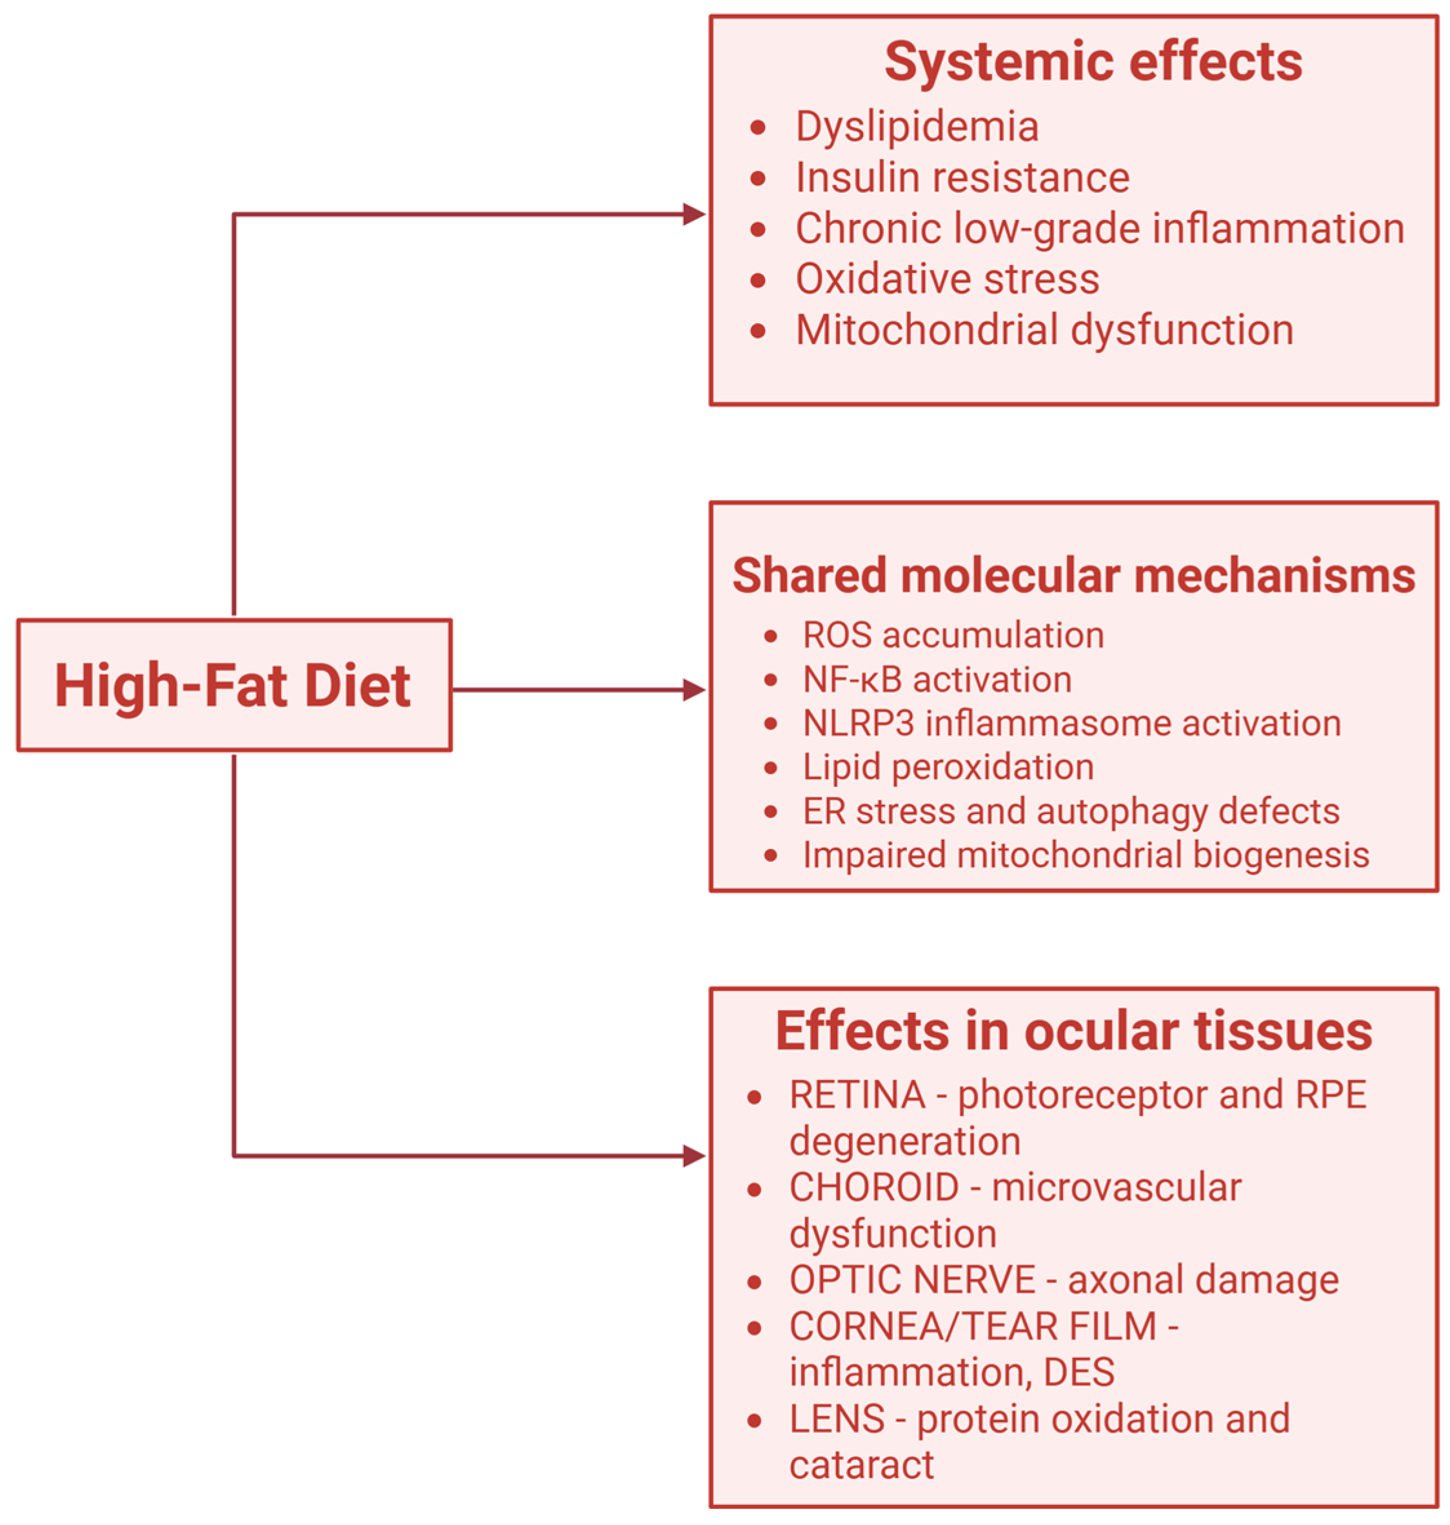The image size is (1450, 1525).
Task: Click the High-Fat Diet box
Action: [x=233, y=685]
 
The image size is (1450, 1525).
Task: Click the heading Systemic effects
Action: [x=1093, y=62]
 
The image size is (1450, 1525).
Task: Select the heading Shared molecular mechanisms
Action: [x=1073, y=576]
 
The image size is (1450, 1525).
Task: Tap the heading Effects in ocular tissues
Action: [x=1073, y=1032]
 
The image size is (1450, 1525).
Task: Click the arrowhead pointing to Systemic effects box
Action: [x=694, y=214]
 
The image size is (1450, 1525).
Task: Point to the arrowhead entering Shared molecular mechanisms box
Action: [x=694, y=690]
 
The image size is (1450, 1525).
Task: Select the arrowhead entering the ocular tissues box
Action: [x=694, y=1156]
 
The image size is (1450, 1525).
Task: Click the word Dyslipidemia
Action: [x=917, y=127]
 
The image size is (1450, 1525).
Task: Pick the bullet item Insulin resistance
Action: [x=962, y=178]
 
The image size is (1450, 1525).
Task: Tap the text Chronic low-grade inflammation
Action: [x=1100, y=229]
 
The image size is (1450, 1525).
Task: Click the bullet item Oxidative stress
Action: [x=947, y=279]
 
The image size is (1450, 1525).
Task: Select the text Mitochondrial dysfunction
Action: [x=1044, y=330]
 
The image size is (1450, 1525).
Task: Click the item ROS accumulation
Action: [x=953, y=635]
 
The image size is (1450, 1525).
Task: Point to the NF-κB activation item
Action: [x=937, y=680]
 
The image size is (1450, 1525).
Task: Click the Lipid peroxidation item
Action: [x=948, y=768]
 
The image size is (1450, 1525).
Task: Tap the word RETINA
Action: [x=857, y=1095]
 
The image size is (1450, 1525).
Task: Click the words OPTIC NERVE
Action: [x=912, y=1279]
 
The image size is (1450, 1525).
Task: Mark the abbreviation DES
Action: [x=1079, y=1372]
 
